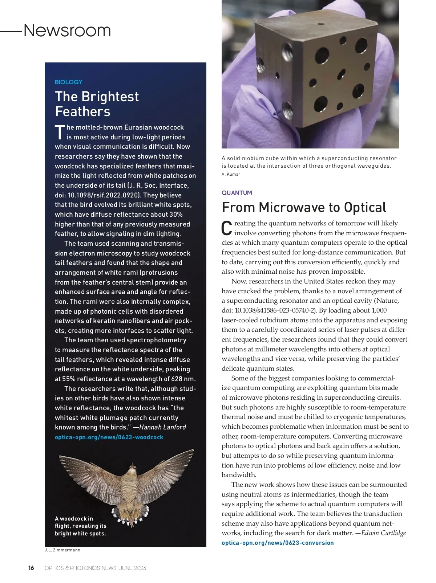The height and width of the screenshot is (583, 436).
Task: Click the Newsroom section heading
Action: tap(67, 30)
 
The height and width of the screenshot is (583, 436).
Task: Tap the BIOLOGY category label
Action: tap(68, 82)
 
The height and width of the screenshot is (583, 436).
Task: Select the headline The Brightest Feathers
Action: tap(97, 104)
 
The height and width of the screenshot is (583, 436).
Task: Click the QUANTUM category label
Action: tap(237, 193)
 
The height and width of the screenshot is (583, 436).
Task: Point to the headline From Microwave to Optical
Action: tap(304, 207)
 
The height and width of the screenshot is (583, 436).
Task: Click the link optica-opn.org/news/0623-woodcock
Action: tap(109, 437)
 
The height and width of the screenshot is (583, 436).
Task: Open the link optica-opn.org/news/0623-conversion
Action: tap(278, 543)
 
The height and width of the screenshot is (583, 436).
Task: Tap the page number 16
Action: tap(31, 568)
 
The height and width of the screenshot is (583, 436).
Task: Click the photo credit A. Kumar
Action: tap(231, 174)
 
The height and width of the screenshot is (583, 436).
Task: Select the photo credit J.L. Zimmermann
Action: tap(62, 550)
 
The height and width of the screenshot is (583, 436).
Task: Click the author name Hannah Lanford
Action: tap(162, 427)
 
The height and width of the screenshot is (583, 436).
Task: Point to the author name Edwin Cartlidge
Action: tap(383, 533)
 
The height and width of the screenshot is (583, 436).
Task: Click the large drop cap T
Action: tap(60, 132)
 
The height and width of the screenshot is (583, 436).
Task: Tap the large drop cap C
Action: tap(227, 228)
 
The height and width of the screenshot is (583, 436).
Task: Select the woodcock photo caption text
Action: tap(80, 526)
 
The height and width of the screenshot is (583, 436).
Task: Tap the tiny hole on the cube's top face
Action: tap(321, 25)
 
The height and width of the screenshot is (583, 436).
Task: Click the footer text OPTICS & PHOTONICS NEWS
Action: tap(80, 568)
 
